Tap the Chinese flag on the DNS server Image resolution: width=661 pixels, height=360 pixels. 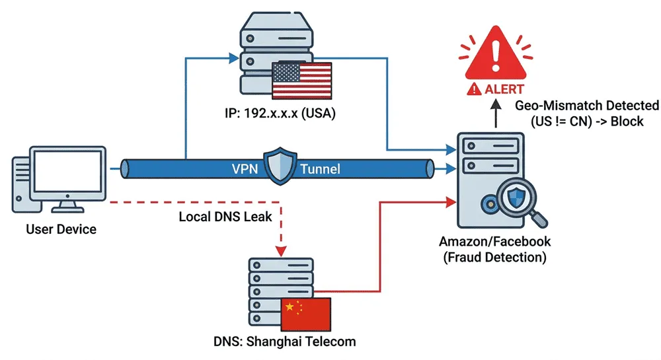point(305,313)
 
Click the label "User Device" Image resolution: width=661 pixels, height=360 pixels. point(61,230)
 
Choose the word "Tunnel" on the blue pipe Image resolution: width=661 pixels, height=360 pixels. point(320,169)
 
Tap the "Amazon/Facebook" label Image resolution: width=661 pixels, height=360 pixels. point(495,241)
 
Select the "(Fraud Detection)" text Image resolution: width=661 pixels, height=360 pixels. point(495,258)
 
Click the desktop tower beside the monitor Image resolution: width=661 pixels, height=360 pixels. point(20,184)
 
